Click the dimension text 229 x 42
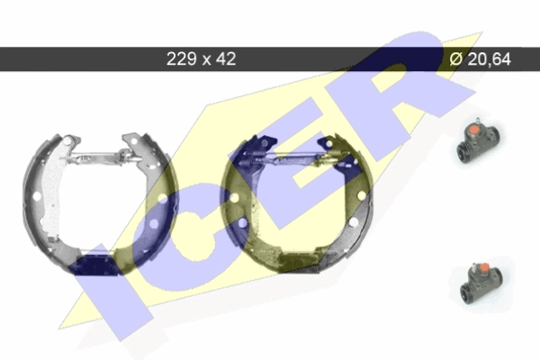coord(201,58)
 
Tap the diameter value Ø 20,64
coord(480,58)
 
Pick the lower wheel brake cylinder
coord(481,284)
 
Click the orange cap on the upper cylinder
coord(474,130)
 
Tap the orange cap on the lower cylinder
coord(484,267)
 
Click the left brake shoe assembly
coord(100,204)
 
